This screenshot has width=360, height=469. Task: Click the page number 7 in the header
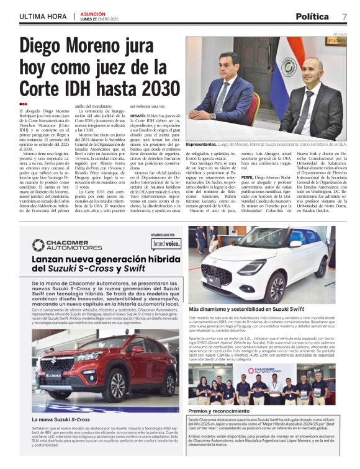(344, 16)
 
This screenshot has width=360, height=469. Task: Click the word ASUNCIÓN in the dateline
(92, 12)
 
